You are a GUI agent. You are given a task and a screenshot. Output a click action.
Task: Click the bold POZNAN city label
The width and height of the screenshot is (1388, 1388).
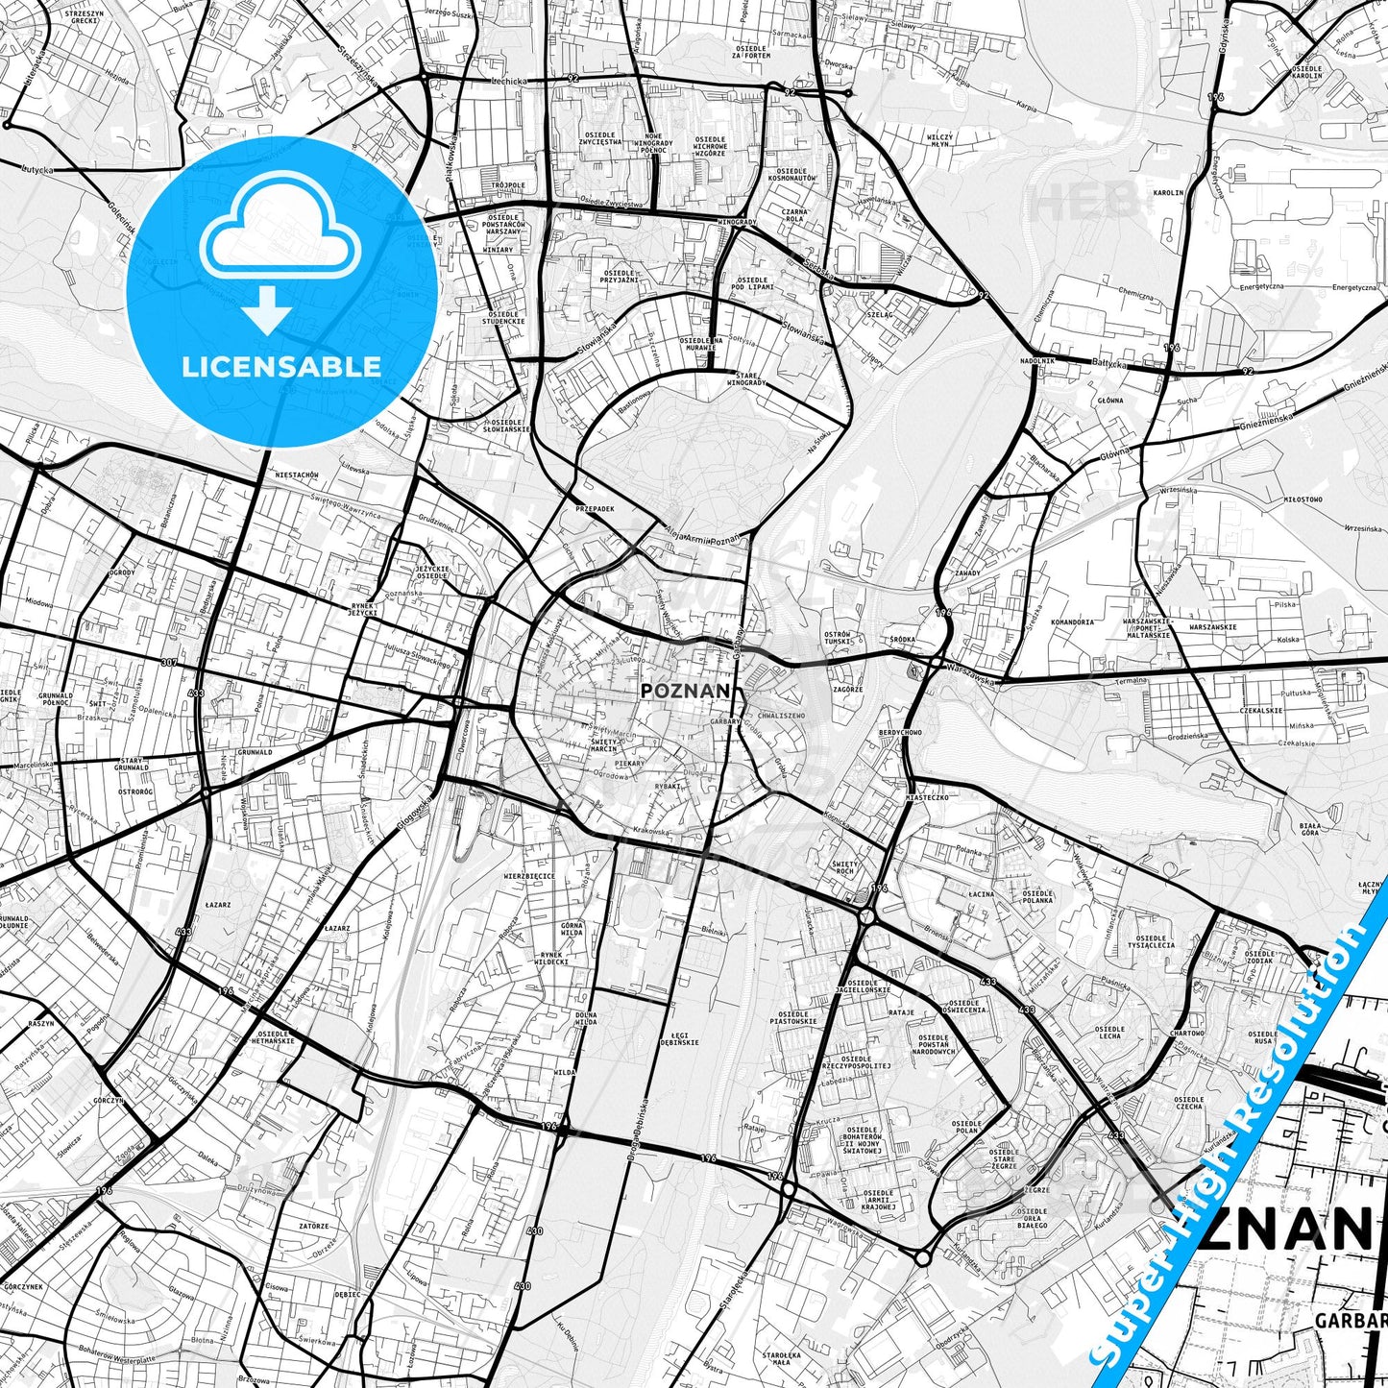coord(686,690)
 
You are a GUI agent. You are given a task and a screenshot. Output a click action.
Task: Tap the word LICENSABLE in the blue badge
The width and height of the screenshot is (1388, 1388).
coord(282,366)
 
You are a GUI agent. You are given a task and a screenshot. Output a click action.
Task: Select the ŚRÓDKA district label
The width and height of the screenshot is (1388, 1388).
coord(902,639)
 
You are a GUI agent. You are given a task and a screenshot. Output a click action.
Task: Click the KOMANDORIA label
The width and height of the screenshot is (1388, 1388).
coord(1072,621)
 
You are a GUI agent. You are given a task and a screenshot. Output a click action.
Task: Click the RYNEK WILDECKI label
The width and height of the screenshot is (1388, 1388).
coord(549,958)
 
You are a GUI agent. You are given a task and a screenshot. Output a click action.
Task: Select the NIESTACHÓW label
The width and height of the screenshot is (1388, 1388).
coord(296,475)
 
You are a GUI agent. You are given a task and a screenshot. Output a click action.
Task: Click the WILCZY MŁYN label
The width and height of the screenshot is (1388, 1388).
coord(939,140)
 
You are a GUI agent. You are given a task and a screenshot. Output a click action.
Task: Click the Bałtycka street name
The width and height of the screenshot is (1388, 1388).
coord(1108,362)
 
